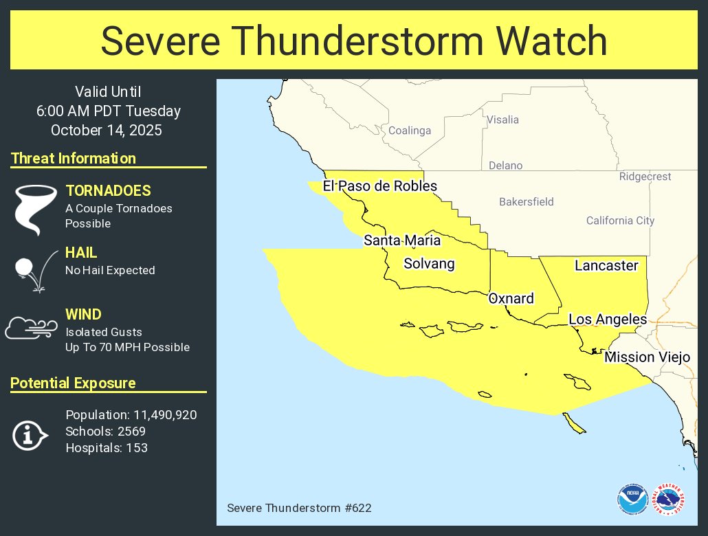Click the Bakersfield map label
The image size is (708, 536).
tap(526, 201)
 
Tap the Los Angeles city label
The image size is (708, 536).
tap(607, 319)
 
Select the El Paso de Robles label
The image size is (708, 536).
tap(379, 186)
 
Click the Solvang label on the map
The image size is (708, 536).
tap(429, 264)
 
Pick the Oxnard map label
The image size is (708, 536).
tap(511, 298)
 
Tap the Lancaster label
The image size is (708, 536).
tap(606, 265)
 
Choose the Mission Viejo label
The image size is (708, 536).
tap(646, 357)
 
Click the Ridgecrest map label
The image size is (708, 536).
tap(645, 177)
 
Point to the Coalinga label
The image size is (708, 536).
tap(410, 131)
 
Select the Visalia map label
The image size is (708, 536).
tap(502, 120)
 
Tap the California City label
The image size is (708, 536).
tap(620, 221)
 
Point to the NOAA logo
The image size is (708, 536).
tap(632, 499)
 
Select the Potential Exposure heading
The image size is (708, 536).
tap(73, 383)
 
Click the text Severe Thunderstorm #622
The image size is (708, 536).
tap(299, 508)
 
